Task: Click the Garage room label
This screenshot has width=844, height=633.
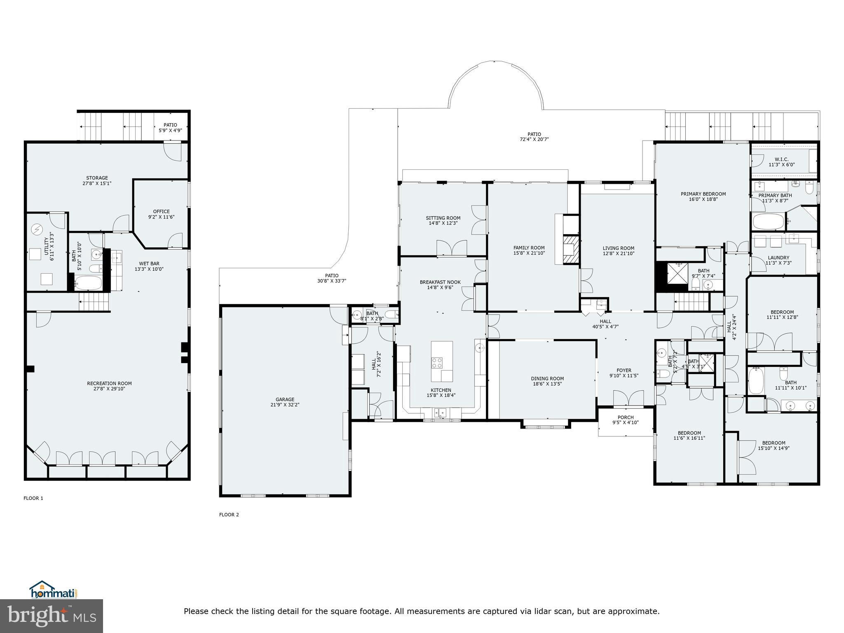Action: [285, 399]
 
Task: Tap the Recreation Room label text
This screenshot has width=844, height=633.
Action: [109, 383]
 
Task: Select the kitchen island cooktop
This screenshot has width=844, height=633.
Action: [437, 363]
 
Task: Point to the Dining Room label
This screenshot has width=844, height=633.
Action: [547, 378]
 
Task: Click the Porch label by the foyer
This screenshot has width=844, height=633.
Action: [626, 417]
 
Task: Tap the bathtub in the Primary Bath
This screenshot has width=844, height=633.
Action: [769, 222]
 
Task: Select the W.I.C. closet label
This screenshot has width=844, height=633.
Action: [781, 159]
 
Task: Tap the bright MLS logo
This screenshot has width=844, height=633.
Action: [52, 616]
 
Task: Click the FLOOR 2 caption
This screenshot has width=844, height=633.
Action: [229, 514]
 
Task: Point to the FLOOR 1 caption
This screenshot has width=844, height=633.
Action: [33, 498]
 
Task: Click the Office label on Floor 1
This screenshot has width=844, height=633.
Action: [161, 211]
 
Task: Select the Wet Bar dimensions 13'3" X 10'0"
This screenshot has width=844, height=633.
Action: [149, 269]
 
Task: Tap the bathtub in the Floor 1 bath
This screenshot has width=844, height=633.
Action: [88, 283]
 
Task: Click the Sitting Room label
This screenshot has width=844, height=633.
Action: [443, 218]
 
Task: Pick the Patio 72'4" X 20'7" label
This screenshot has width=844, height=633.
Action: [534, 139]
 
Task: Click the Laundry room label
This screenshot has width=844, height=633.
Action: [778, 258]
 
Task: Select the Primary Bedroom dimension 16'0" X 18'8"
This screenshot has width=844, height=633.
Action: [703, 199]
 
